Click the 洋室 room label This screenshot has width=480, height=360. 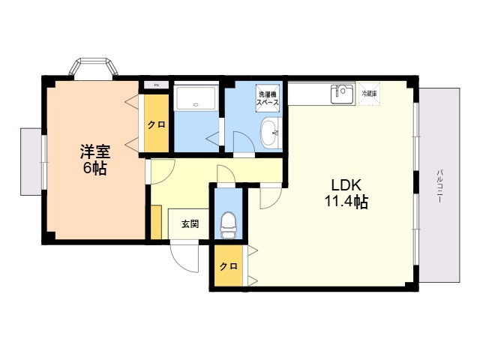click(x=94, y=151)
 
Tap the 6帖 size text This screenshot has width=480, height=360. click(x=94, y=169)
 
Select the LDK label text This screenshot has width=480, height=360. click(x=345, y=184)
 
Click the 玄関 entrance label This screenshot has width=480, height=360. click(x=189, y=223)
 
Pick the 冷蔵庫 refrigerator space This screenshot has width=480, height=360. click(x=369, y=94)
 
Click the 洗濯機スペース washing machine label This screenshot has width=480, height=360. click(x=268, y=97)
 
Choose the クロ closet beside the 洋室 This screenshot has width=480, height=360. click(x=156, y=124)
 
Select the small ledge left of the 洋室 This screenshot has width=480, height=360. click(x=31, y=161)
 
